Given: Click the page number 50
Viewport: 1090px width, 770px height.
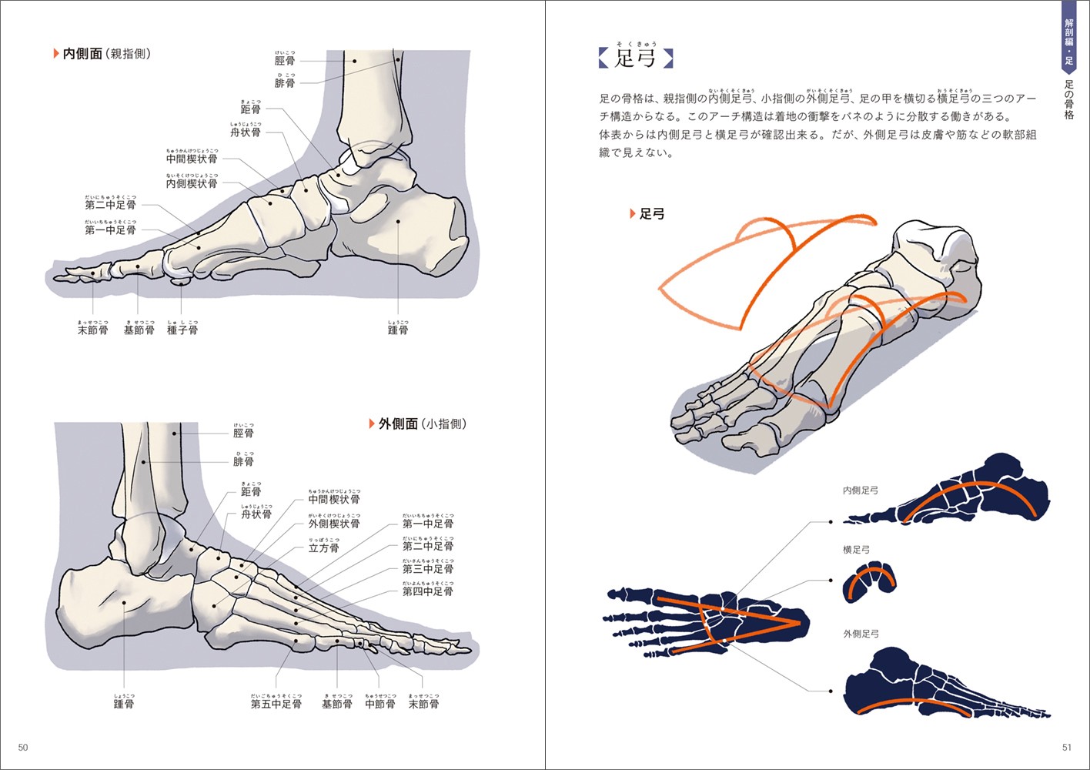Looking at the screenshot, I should pyautogui.click(x=23, y=748).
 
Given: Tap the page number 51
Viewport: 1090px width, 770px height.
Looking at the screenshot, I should pyautogui.click(x=1066, y=748).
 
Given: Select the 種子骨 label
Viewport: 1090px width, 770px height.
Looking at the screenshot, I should pyautogui.click(x=182, y=330).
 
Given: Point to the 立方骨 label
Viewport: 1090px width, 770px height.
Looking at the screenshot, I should pyautogui.click(x=323, y=547).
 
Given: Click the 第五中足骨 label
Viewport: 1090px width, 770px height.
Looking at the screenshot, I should pyautogui.click(x=276, y=704).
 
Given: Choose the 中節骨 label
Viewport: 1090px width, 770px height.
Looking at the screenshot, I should pyautogui.click(x=379, y=704).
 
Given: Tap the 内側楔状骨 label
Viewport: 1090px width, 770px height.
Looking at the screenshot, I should pyautogui.click(x=192, y=183).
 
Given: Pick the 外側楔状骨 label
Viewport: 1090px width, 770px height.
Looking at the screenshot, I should pyautogui.click(x=334, y=524).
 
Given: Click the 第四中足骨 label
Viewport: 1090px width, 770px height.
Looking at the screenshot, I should pyautogui.click(x=428, y=591).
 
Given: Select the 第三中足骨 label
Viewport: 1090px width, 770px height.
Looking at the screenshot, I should pyautogui.click(x=428, y=569).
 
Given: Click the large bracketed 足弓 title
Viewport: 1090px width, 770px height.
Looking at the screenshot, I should pyautogui.click(x=635, y=58).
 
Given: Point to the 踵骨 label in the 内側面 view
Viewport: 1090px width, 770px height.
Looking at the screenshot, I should pyautogui.click(x=398, y=330).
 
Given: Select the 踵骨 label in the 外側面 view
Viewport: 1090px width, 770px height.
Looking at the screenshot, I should pyautogui.click(x=124, y=704).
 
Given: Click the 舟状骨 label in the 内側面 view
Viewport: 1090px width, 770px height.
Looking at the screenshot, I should pyautogui.click(x=246, y=132).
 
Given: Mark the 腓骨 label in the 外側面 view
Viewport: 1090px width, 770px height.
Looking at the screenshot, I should pyautogui.click(x=243, y=461).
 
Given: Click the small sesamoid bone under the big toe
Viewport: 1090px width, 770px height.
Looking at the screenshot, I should pyautogui.click(x=181, y=282).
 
